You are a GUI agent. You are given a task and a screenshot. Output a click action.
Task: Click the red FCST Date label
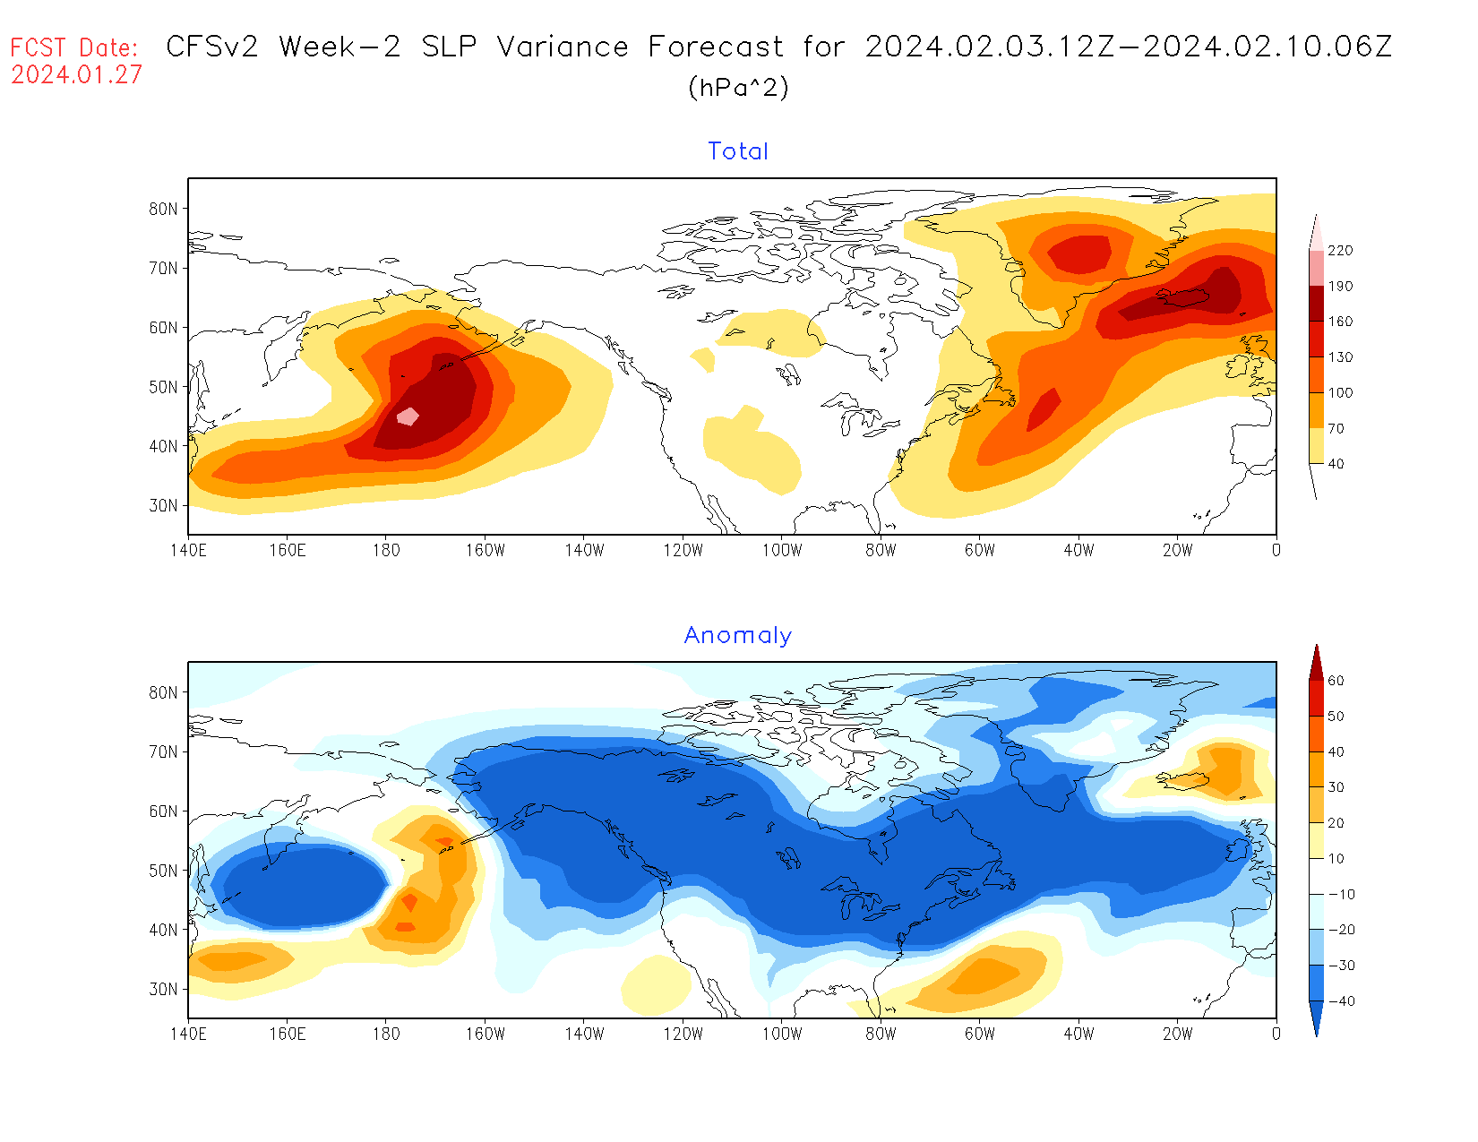(74, 47)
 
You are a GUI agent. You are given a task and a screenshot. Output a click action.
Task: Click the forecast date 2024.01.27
(76, 75)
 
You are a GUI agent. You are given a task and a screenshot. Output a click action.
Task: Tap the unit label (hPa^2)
(738, 88)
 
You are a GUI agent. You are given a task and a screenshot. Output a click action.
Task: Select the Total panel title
(738, 151)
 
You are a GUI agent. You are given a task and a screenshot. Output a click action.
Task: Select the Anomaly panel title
(738, 635)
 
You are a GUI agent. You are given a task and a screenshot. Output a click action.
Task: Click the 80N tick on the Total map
(163, 209)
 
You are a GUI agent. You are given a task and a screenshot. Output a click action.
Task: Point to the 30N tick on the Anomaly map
(163, 989)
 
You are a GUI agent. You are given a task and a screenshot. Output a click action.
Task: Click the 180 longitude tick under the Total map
(386, 550)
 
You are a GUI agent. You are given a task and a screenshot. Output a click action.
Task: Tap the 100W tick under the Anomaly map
(782, 1034)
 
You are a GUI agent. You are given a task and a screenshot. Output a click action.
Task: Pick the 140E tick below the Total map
(188, 550)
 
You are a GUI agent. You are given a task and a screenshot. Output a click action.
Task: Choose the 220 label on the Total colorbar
(1340, 251)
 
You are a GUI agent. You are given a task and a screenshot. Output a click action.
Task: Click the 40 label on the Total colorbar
(1336, 464)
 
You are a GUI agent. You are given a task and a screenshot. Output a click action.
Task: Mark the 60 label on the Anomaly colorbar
(1336, 681)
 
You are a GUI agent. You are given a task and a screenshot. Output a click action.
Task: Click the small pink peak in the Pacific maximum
(408, 416)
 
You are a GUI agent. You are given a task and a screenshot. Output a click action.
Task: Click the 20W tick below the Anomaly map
(1177, 1034)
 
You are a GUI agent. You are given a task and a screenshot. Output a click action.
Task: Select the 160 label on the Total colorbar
(1340, 322)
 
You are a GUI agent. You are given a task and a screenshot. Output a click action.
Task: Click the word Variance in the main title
(563, 47)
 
